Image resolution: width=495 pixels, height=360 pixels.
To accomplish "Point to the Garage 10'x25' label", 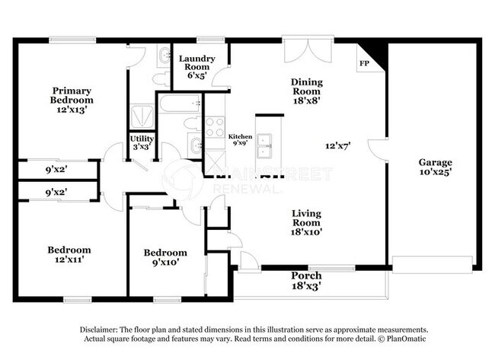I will click(x=435, y=167).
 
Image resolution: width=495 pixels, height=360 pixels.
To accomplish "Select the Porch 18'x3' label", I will click(x=306, y=280).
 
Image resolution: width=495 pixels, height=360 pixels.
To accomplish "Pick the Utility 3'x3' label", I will click(x=142, y=142).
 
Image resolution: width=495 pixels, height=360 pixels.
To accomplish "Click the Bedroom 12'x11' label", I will click(x=69, y=254).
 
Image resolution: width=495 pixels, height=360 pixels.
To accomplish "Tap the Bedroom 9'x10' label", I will click(x=165, y=257).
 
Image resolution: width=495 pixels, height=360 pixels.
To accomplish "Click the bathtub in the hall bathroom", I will click(x=179, y=104).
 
